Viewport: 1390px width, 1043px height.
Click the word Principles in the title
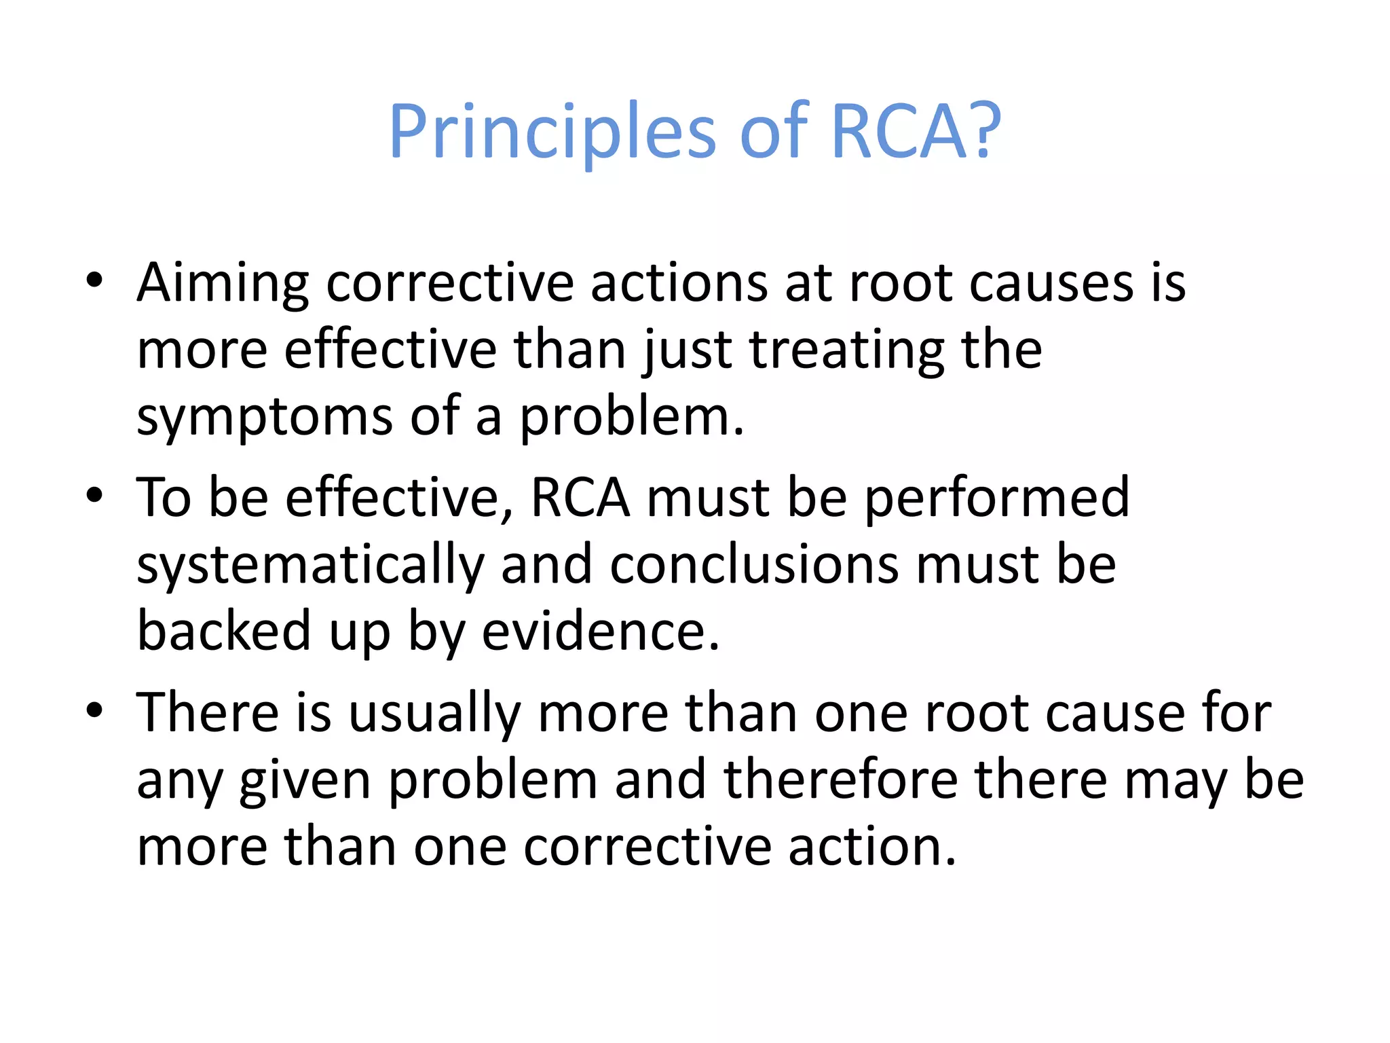pyautogui.click(x=552, y=132)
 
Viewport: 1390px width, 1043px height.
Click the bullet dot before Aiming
pyautogui.click(x=94, y=280)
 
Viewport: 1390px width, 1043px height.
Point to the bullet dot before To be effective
pyautogui.click(x=94, y=495)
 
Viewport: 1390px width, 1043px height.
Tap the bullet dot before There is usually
pyautogui.click(x=94, y=710)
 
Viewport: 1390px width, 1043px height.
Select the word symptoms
pyautogui.click(x=264, y=418)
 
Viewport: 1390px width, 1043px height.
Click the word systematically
pyautogui.click(x=310, y=566)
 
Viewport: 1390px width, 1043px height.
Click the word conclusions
pyautogui.click(x=755, y=565)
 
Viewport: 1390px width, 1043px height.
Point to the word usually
pyautogui.click(x=435, y=714)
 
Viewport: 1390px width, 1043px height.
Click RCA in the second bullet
pyautogui.click(x=580, y=498)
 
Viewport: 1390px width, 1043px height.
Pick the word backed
pyautogui.click(x=224, y=632)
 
